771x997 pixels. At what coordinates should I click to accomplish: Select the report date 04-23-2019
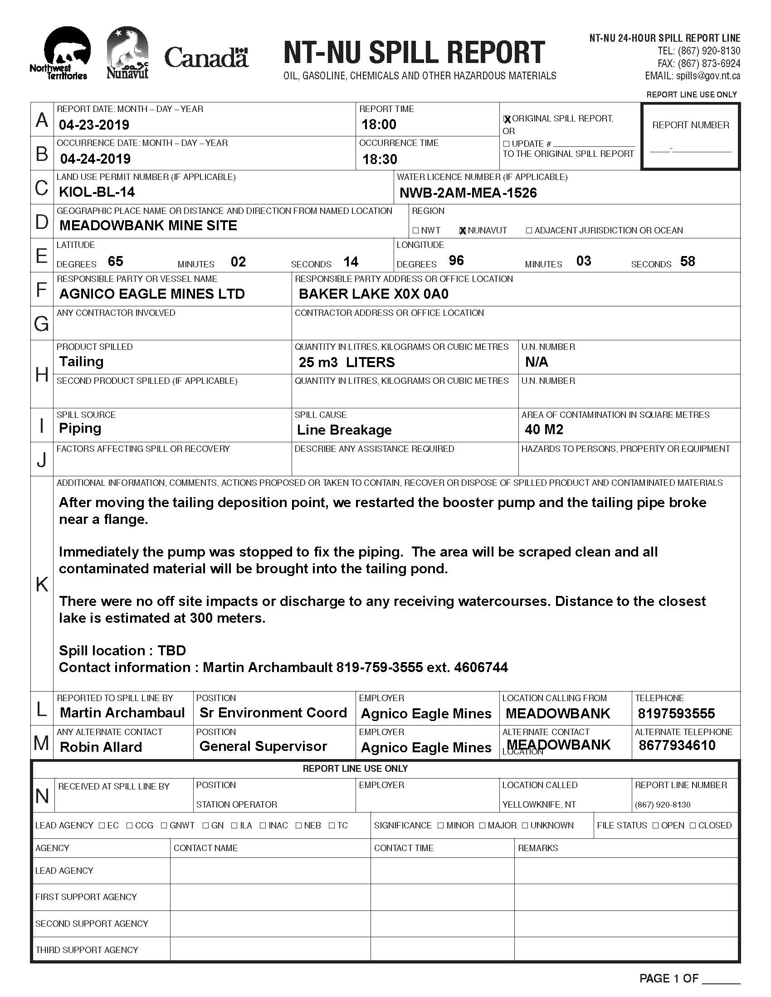click(94, 125)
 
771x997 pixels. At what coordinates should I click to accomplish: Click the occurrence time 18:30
click(380, 159)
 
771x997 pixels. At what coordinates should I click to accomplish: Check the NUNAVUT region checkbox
click(462, 231)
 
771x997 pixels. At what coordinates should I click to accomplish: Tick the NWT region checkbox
click(415, 231)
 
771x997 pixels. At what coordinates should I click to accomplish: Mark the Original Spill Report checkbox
click(507, 119)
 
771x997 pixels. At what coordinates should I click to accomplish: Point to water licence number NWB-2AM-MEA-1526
click(468, 193)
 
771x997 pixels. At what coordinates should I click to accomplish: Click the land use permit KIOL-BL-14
click(97, 192)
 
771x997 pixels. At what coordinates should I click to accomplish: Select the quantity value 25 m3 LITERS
click(346, 363)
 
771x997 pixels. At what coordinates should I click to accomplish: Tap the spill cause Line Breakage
click(344, 430)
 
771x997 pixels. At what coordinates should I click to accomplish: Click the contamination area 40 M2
click(544, 429)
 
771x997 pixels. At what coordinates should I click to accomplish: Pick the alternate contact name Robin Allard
click(101, 747)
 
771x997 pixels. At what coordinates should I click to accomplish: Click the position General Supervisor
click(263, 746)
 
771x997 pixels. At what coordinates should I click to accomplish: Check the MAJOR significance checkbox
click(483, 825)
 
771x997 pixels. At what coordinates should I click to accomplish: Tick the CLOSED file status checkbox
click(693, 825)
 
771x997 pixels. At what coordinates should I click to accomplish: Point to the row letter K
click(42, 584)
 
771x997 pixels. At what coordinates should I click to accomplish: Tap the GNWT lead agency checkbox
click(164, 825)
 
